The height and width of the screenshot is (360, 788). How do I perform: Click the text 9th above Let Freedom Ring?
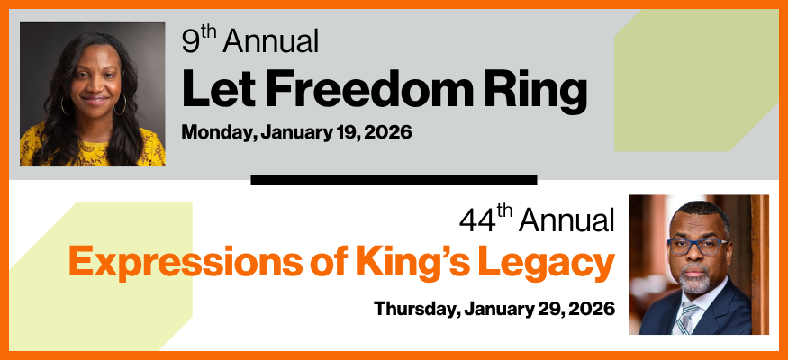click(199, 41)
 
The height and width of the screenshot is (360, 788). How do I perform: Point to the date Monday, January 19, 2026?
click(296, 132)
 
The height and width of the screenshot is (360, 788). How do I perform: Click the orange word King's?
click(413, 263)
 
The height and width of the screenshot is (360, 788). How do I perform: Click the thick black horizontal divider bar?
click(394, 180)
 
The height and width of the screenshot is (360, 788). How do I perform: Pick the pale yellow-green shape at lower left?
click(117, 270)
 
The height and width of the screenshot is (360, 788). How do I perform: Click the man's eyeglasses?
click(698, 245)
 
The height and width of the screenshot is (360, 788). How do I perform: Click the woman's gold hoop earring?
click(121, 105)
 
